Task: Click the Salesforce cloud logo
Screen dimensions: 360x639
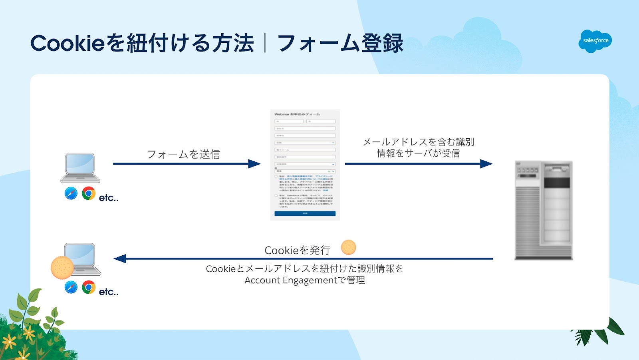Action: click(x=595, y=41)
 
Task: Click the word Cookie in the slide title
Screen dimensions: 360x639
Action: click(x=67, y=43)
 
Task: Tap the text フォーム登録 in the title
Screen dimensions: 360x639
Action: click(x=340, y=43)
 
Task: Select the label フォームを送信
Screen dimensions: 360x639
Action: click(x=183, y=154)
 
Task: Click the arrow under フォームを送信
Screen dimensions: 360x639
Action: click(x=187, y=164)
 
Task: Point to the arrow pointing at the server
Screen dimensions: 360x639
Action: click(x=418, y=164)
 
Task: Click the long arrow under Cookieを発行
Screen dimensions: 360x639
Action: click(x=304, y=259)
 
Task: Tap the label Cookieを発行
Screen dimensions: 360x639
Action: click(x=298, y=251)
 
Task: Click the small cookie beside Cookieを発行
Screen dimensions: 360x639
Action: click(x=348, y=247)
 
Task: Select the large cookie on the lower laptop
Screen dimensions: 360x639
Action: click(x=62, y=267)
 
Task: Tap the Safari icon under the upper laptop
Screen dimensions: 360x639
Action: click(x=71, y=193)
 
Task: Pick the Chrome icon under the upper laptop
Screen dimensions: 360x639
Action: click(x=88, y=193)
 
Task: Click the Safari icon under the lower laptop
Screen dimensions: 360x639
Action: click(x=71, y=287)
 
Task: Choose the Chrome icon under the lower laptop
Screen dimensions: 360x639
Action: click(x=88, y=287)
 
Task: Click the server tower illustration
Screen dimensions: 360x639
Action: click(x=544, y=210)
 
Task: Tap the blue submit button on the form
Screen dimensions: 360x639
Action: click(x=305, y=214)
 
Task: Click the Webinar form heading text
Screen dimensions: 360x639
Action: click(x=297, y=114)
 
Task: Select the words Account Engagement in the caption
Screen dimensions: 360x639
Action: click(x=291, y=280)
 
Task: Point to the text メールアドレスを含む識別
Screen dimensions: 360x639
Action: click(x=418, y=142)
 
